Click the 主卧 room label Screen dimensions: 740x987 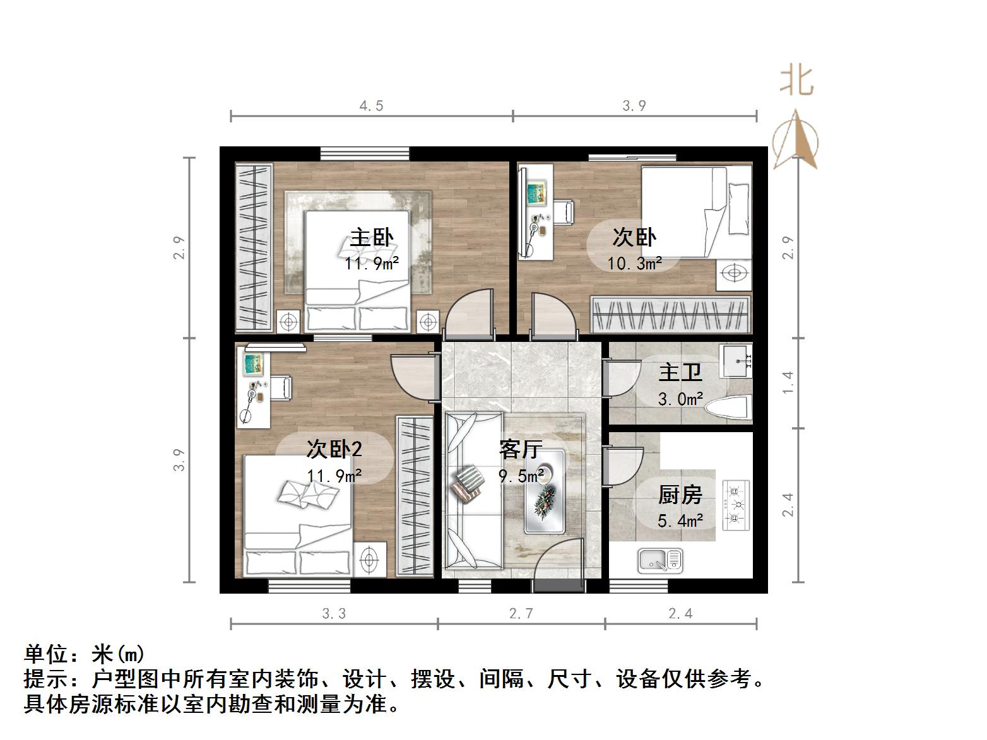coord(372,238)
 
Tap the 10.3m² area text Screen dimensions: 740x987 coord(634,263)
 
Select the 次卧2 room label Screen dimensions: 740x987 coord(334,449)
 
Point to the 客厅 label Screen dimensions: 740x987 coord(521,449)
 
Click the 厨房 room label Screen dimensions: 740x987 coord(680,495)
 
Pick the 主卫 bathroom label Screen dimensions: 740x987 coord(680,372)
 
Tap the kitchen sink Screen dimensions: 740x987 coord(660,560)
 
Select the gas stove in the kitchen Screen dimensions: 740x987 coord(735,505)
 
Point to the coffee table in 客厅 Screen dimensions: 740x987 coord(544,491)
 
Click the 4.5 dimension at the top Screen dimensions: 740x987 coord(371,106)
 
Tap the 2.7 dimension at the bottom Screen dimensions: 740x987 coord(521,613)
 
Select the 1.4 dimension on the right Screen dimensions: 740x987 coord(788,383)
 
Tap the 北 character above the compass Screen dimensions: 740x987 coord(796,81)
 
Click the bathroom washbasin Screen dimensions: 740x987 coord(736,360)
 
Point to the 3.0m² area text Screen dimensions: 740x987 coord(680,399)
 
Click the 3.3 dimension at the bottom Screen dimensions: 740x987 coord(334,613)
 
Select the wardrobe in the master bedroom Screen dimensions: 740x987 coord(254,247)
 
